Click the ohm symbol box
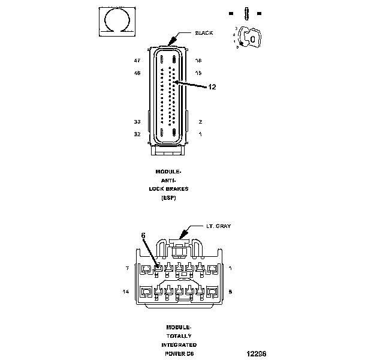tap(116, 23)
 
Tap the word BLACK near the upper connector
tap(204, 33)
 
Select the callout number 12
tap(212, 86)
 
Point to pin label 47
tap(137, 61)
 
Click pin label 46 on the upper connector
tap(137, 73)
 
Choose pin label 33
tap(137, 121)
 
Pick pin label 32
tap(137, 134)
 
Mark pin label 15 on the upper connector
tap(198, 73)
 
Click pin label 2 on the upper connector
tap(200, 121)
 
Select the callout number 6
tap(143, 236)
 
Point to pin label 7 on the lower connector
tap(127, 268)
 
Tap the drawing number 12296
tap(257, 353)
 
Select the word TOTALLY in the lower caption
tap(179, 336)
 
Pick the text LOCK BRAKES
tap(168, 188)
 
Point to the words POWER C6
tap(179, 353)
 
